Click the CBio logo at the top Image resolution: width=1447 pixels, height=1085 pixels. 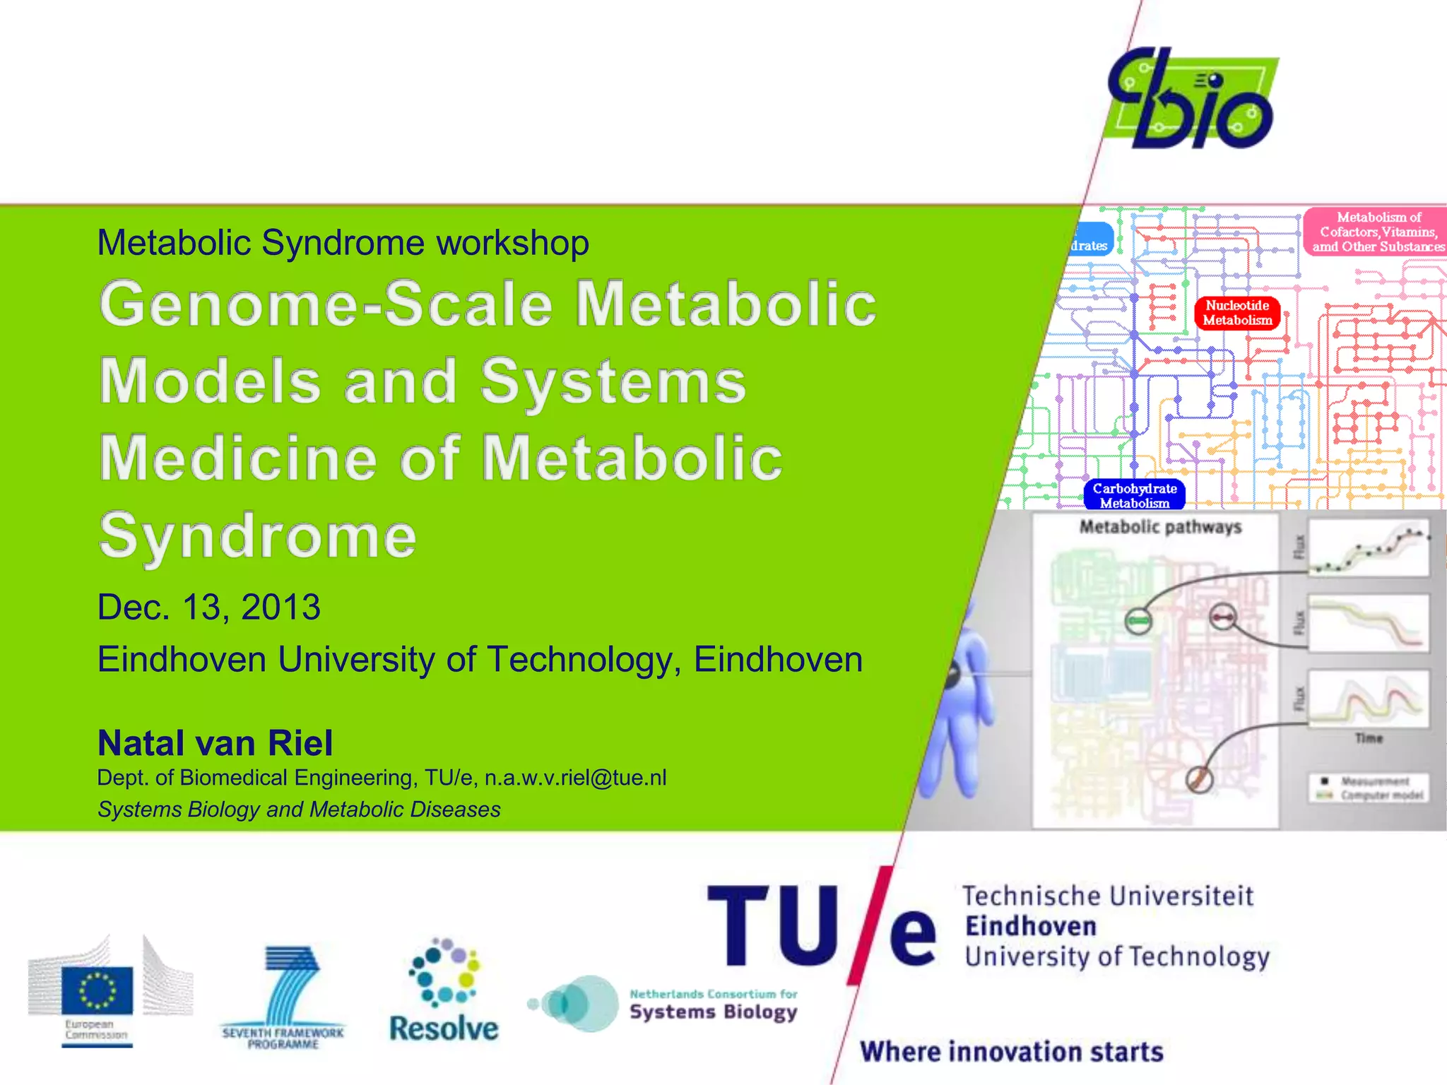point(1193,99)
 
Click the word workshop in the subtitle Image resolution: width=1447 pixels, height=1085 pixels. point(512,243)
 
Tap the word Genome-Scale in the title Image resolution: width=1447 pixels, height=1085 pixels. point(326,304)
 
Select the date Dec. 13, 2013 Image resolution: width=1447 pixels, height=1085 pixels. point(209,607)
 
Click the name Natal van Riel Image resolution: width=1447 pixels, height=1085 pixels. point(215,743)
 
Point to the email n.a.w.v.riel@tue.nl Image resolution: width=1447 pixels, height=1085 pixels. point(575,778)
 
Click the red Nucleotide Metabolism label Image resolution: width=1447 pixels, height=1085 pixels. point(1237,313)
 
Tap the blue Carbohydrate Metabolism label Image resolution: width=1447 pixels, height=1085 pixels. point(1135,494)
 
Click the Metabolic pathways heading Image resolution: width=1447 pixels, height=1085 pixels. point(1160,527)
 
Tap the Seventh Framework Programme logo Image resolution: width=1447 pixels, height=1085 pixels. point(283,996)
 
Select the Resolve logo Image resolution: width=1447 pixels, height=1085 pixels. point(444,992)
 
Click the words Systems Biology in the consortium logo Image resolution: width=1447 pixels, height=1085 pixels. point(714,1012)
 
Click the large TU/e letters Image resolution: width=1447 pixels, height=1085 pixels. point(820,925)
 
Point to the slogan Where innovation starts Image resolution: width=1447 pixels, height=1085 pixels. point(1011,1052)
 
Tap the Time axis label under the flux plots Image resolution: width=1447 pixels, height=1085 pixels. point(1369,738)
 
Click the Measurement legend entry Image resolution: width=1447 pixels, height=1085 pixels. point(1374,781)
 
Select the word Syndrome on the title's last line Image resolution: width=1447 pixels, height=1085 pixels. point(258,536)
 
